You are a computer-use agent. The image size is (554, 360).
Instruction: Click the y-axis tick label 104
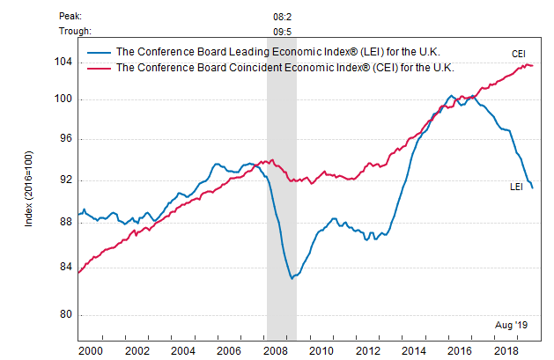click(x=63, y=62)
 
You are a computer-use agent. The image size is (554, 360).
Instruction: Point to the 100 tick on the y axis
click(x=63, y=99)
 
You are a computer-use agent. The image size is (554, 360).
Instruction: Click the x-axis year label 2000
click(x=90, y=350)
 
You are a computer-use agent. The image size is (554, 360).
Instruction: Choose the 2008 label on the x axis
click(x=273, y=350)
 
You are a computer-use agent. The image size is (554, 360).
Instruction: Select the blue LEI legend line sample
click(x=99, y=53)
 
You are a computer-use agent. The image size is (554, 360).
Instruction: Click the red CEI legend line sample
click(x=99, y=66)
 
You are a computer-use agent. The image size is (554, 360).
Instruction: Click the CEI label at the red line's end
click(x=519, y=54)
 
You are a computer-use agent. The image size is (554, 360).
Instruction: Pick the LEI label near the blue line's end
click(x=518, y=187)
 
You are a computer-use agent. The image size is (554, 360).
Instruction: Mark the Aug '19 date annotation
click(x=510, y=323)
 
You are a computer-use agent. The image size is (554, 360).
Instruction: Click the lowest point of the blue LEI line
click(x=292, y=278)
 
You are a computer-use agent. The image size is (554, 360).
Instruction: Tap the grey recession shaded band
click(x=282, y=220)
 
